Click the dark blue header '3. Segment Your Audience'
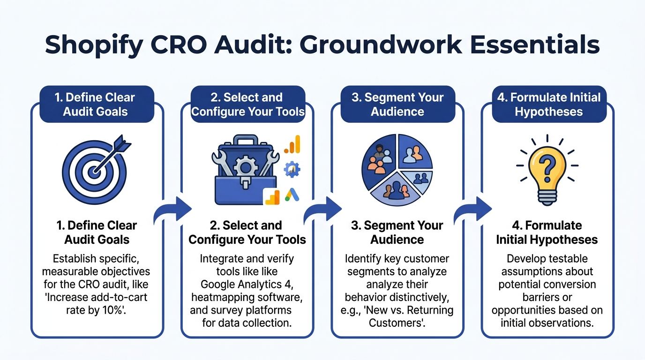pos(397,104)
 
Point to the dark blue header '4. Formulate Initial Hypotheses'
pos(549,104)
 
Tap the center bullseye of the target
pos(93,172)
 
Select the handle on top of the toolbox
pos(246,140)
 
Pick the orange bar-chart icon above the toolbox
pos(292,144)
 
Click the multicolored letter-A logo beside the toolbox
pos(292,195)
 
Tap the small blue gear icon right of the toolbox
pos(292,169)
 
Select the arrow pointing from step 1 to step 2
pos(172,210)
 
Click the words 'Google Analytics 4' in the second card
pos(247,285)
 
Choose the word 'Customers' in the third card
pos(396,323)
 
